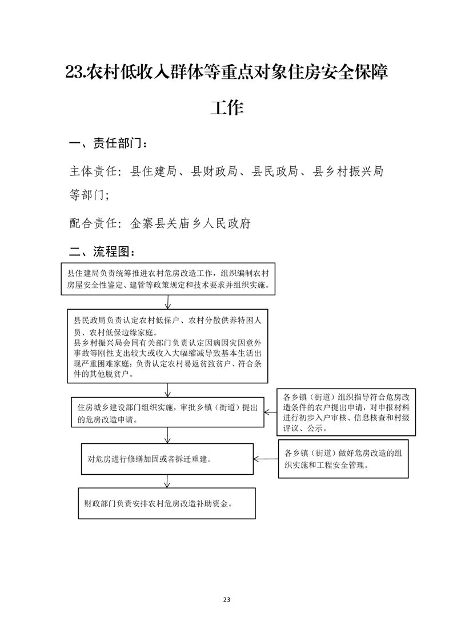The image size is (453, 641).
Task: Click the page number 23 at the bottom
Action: tap(226, 600)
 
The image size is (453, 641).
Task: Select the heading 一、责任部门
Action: tap(109, 143)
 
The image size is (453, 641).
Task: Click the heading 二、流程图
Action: tap(102, 251)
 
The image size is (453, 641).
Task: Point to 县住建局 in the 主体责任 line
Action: tap(153, 171)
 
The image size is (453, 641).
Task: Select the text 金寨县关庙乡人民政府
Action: tap(190, 223)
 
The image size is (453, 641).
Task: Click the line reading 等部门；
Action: tap(89, 195)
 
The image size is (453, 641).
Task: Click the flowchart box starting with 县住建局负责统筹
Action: tap(168, 279)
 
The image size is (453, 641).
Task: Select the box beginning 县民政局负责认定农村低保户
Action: tap(167, 346)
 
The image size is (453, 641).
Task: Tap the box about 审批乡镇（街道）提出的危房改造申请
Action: tap(167, 412)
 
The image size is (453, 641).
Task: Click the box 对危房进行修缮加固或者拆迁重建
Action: tap(167, 459)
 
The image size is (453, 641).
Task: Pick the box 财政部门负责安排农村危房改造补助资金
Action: tap(167, 503)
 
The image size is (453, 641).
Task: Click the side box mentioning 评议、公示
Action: tap(346, 412)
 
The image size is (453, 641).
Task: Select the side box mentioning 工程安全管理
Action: tap(343, 459)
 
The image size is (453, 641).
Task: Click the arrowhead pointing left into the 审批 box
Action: tap(267, 412)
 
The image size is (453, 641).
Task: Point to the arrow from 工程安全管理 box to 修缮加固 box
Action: tap(266, 459)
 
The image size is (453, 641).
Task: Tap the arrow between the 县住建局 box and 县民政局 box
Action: tap(167, 302)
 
